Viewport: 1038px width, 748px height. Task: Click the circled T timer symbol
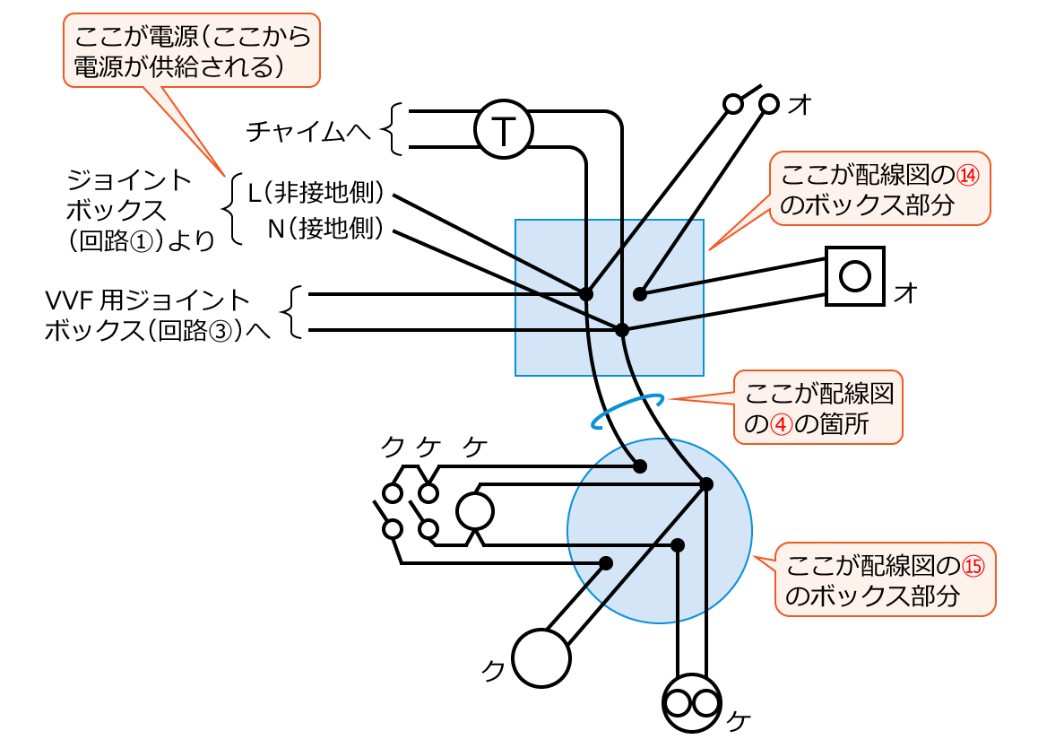pos(503,132)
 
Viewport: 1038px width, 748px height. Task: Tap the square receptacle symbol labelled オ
pos(854,275)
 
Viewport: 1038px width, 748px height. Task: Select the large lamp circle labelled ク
pos(541,657)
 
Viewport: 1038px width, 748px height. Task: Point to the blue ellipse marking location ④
pos(627,412)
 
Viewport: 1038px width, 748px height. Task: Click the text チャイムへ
pos(308,132)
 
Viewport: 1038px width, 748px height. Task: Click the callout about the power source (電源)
pos(192,51)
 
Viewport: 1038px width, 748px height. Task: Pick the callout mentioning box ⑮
pos(885,578)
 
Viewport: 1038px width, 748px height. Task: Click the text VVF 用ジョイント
pos(148,298)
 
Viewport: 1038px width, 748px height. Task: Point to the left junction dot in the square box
pos(586,293)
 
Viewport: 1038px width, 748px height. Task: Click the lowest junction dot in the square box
pos(622,330)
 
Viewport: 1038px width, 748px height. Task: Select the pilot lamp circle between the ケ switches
pos(475,511)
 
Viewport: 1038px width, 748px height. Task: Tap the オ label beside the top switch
pos(800,105)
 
